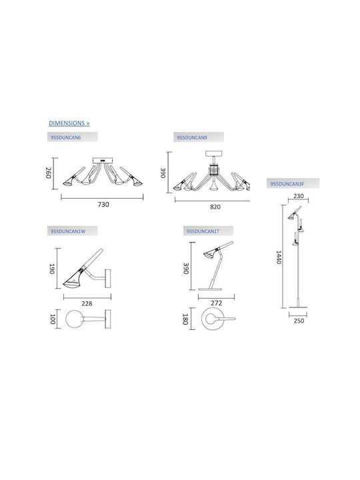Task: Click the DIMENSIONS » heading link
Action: point(69,123)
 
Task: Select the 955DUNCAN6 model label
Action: point(66,137)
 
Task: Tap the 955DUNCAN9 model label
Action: point(192,137)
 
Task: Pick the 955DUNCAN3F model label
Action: point(287,184)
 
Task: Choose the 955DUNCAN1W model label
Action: point(68,231)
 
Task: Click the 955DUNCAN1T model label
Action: point(203,231)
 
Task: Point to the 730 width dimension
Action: point(103,204)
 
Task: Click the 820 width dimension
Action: point(215,207)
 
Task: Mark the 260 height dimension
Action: point(49,173)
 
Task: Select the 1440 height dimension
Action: point(279,257)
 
